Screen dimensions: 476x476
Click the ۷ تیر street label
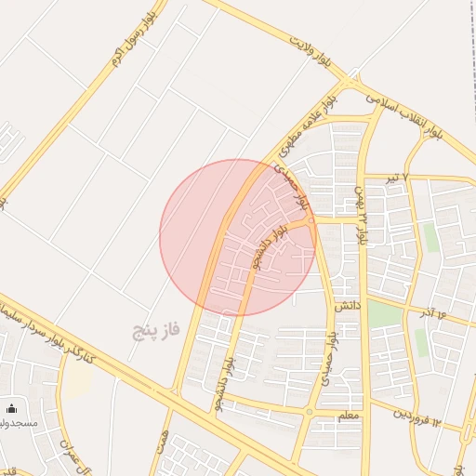(x=397, y=176)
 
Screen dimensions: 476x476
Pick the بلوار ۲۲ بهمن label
(x=360, y=214)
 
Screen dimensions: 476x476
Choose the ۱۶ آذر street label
(x=432, y=313)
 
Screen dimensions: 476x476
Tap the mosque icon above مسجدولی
(x=12, y=408)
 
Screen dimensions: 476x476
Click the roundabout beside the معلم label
(x=309, y=411)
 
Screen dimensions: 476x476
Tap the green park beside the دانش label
(x=383, y=313)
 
